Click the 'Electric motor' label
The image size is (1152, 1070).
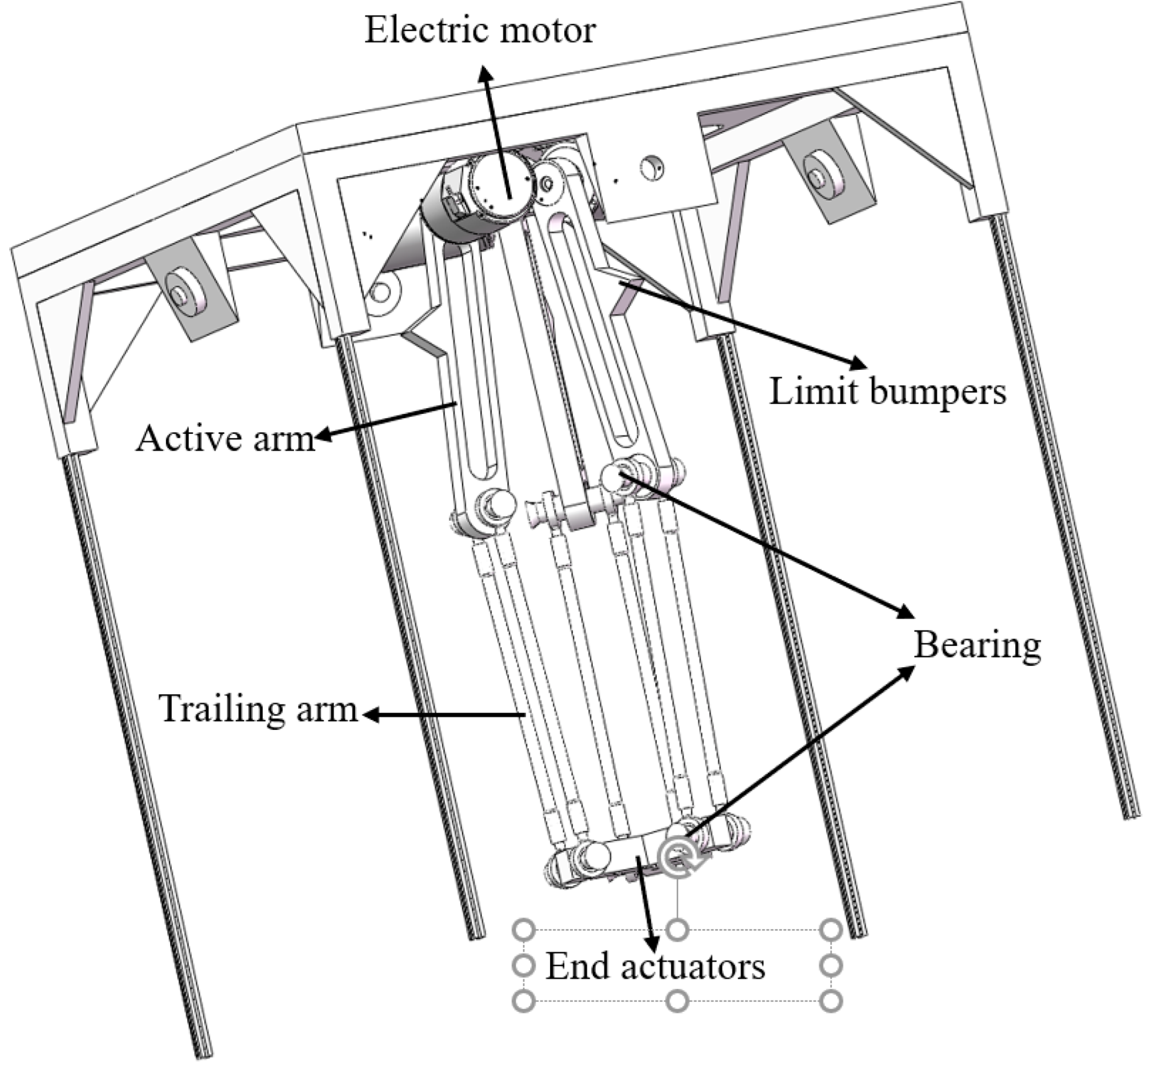480,30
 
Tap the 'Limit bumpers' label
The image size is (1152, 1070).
887,392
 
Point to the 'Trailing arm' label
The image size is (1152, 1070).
258,708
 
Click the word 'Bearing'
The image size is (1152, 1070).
977,645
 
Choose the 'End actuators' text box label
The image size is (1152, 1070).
655,966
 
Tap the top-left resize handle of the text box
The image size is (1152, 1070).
524,930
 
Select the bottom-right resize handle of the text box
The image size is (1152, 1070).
831,1001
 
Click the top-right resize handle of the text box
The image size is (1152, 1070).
831,930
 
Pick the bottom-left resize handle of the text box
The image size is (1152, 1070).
524,1001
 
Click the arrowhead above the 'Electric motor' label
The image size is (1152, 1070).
485,73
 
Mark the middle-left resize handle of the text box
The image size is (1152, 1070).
524,966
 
